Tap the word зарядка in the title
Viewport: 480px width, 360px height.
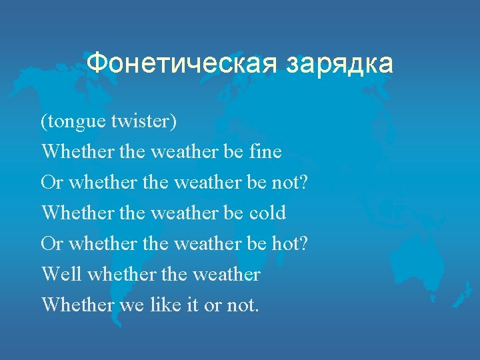point(339,64)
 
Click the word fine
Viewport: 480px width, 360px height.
point(265,152)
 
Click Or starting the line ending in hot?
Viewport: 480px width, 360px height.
point(52,244)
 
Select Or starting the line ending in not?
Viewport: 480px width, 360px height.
point(52,183)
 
